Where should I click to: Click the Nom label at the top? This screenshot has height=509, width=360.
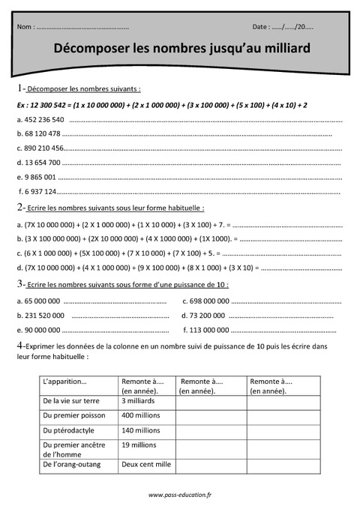(24, 27)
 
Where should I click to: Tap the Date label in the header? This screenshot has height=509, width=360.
(261, 27)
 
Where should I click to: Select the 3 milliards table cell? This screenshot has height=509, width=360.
(137, 401)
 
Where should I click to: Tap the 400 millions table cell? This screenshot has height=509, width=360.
(140, 415)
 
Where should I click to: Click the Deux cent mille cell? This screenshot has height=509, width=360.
(146, 464)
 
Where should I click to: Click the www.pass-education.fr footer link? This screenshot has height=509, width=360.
(180, 495)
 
